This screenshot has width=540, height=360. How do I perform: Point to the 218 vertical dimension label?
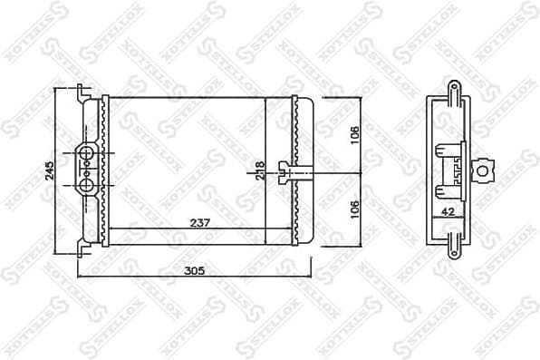[260, 170]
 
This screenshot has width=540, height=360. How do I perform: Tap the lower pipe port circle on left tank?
[86, 185]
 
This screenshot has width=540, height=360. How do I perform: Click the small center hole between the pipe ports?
[86, 169]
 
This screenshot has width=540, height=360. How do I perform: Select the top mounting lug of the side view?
[453, 90]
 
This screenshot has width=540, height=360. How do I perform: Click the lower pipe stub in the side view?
[446, 189]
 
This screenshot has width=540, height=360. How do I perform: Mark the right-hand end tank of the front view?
[303, 170]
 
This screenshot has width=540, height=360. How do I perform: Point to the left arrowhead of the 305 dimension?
[81, 277]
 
